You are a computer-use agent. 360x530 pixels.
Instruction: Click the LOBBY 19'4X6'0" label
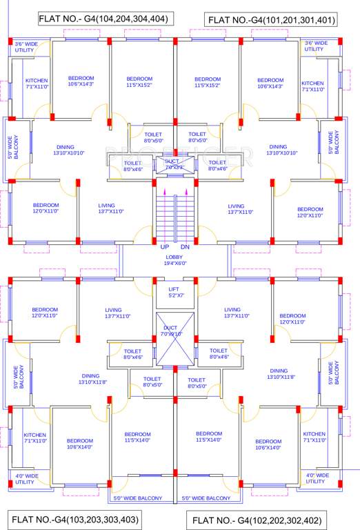(174, 259)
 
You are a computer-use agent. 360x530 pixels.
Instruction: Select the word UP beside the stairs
(165, 246)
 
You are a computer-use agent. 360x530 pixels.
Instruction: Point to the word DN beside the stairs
(185, 246)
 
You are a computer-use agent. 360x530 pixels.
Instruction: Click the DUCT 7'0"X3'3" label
(172, 164)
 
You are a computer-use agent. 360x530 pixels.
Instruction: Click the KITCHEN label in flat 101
(312, 86)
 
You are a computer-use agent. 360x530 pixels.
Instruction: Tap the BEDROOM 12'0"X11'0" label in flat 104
(46, 208)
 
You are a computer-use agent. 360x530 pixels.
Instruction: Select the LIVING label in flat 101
(236, 209)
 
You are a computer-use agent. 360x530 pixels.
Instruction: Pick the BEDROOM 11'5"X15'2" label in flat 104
(139, 82)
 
